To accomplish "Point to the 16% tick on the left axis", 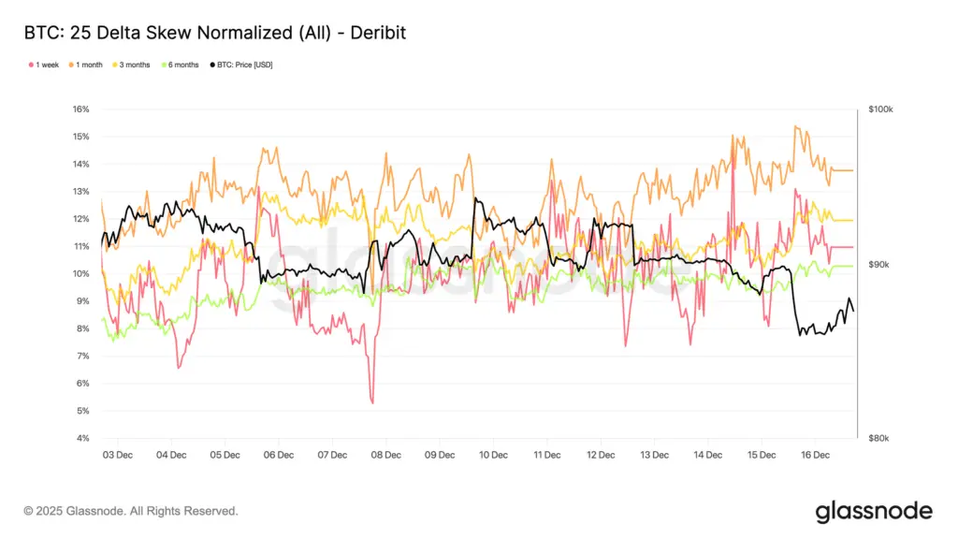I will coord(80,109).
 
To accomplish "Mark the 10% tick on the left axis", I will coord(80,274).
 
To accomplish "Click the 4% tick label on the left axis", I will coord(82,439).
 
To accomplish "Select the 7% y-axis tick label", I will coord(82,357).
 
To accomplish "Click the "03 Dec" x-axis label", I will coord(117,455).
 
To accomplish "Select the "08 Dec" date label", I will coord(385,455).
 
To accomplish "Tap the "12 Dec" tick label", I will coord(601,455).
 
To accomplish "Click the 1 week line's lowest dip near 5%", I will coord(372,402).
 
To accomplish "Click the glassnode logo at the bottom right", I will coord(874,511).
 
